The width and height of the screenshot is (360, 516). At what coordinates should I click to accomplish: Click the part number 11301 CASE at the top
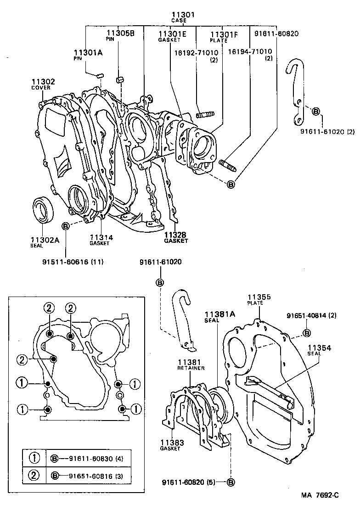pyautogui.click(x=183, y=17)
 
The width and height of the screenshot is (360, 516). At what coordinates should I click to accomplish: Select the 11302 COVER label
pyautogui.click(x=43, y=84)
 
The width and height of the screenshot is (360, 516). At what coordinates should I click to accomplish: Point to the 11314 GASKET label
pyautogui.click(x=101, y=240)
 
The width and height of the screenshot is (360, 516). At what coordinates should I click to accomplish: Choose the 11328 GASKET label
pyautogui.click(x=176, y=237)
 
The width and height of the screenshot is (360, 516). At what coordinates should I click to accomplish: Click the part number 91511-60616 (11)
pyautogui.click(x=73, y=262)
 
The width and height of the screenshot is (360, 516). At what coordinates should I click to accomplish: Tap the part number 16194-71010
pyautogui.click(x=250, y=51)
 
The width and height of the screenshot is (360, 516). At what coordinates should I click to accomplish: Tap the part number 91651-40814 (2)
pyautogui.click(x=311, y=316)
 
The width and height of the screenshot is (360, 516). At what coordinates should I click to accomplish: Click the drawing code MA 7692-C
pyautogui.click(x=320, y=495)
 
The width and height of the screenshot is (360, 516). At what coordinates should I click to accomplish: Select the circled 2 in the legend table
pyautogui.click(x=34, y=475)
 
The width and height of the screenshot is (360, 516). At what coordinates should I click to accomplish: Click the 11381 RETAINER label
pyautogui.click(x=191, y=365)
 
